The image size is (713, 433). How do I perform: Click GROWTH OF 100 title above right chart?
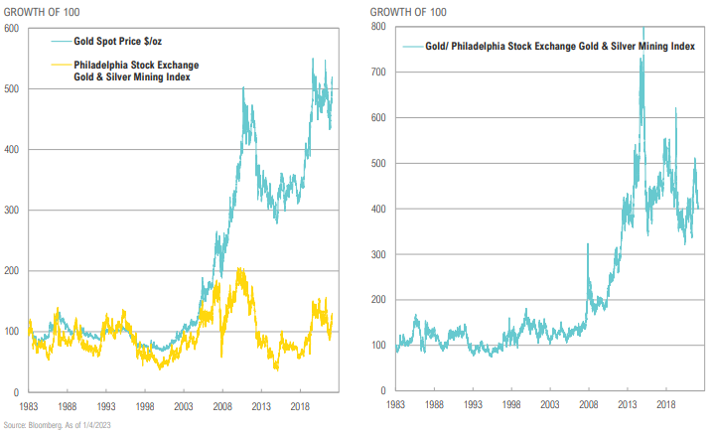(410, 11)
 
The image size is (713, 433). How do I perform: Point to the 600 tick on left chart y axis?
(13, 28)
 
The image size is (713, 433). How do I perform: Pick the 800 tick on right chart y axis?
(380, 26)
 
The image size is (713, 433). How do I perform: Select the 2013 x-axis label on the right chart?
(627, 405)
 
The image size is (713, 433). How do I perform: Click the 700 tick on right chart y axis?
(380, 72)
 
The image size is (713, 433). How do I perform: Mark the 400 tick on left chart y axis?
(13, 149)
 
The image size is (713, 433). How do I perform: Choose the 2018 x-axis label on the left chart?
(298, 405)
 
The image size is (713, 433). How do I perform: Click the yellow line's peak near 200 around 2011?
(239, 269)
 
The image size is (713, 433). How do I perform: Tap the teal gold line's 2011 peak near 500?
(243, 88)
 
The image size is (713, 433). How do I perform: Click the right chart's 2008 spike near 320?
(589, 244)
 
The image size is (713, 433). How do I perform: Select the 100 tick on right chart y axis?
(380, 345)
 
